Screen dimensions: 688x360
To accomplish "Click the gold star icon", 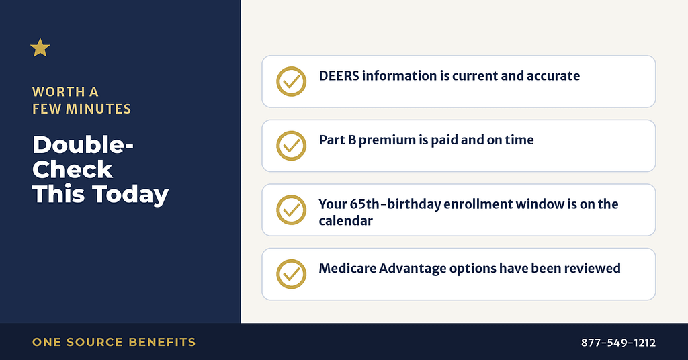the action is click(40, 48).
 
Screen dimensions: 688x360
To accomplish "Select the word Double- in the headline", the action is click(83, 144).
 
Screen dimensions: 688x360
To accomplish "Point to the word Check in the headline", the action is click(73, 169).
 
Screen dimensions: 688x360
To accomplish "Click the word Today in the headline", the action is click(130, 195).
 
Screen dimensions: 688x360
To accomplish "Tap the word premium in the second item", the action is click(387, 140).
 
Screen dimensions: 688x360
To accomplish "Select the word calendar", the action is click(346, 220).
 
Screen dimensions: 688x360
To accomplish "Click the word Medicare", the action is click(347, 268).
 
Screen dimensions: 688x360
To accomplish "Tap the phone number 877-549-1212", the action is click(618, 343).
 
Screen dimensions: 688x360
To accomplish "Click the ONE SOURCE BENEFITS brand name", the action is click(114, 342).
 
